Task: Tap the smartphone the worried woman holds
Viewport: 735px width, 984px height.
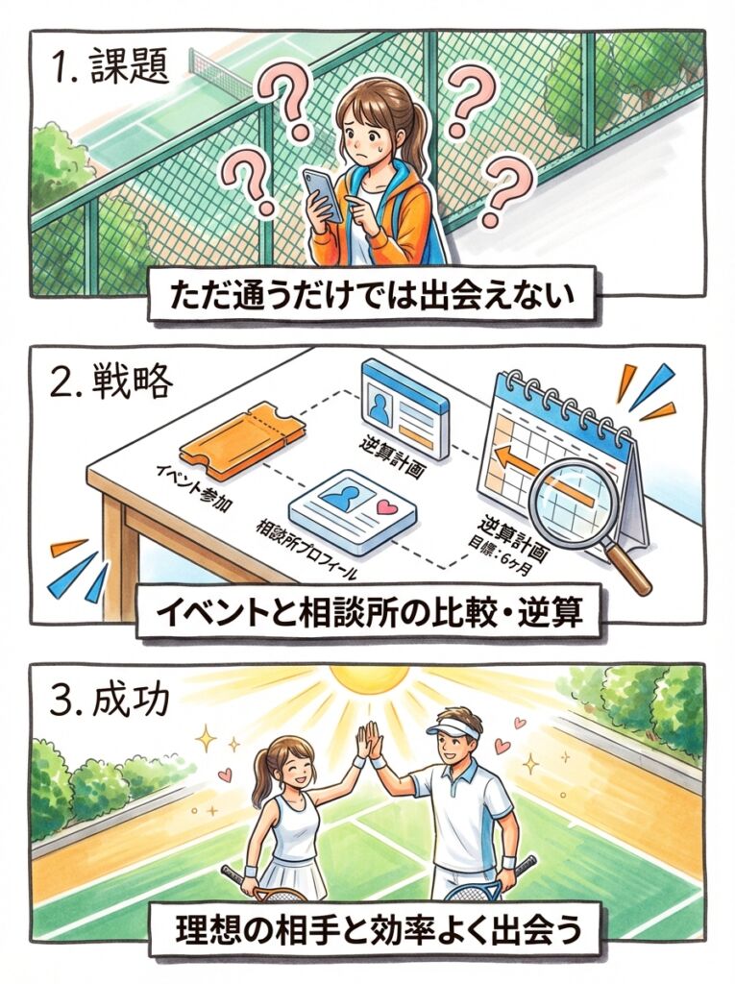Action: pyautogui.click(x=323, y=194)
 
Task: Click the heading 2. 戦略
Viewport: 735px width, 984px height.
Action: pyautogui.click(x=111, y=380)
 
